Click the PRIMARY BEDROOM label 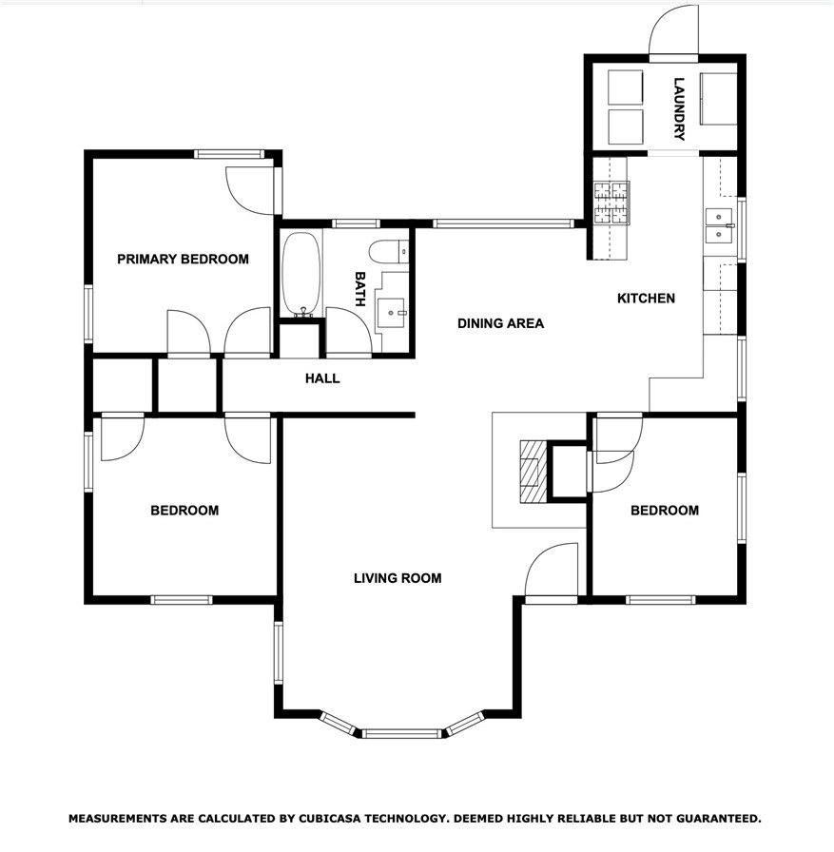coord(184,260)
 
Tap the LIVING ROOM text coord(398,578)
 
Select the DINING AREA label coord(500,323)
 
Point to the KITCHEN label coord(646,299)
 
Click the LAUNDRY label coord(679,109)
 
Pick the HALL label coord(322,378)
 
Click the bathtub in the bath coord(301,274)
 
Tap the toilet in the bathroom coord(389,252)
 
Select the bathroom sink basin coord(391,313)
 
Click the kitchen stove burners coord(611,203)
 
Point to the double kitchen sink coord(719,225)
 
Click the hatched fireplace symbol coord(533,472)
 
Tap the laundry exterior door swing coord(673,30)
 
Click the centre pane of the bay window coord(401,734)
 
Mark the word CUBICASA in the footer coord(329,819)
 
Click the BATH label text coord(359,289)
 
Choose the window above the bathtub coord(356,223)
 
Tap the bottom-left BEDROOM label coord(184,511)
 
